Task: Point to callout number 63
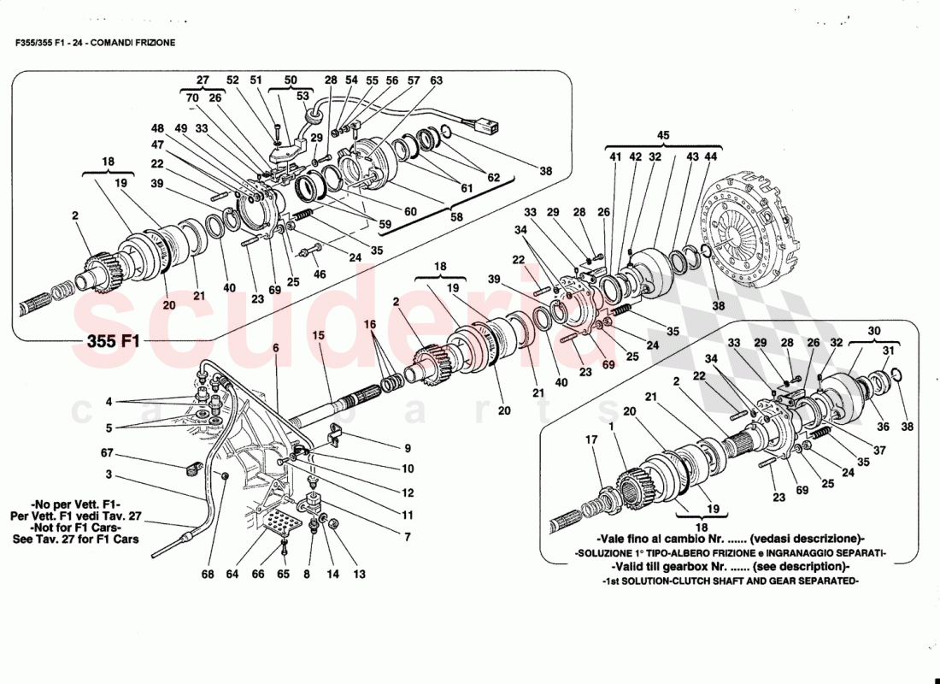pos(437,80)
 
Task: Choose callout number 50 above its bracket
pos(291,80)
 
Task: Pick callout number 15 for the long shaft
pos(318,335)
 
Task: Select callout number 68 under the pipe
pos(208,575)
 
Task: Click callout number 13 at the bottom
pos(359,575)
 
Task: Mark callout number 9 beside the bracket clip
pos(408,447)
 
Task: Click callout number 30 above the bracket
pos(873,331)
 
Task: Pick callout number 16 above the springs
pos(369,325)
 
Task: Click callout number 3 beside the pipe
pos(109,475)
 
